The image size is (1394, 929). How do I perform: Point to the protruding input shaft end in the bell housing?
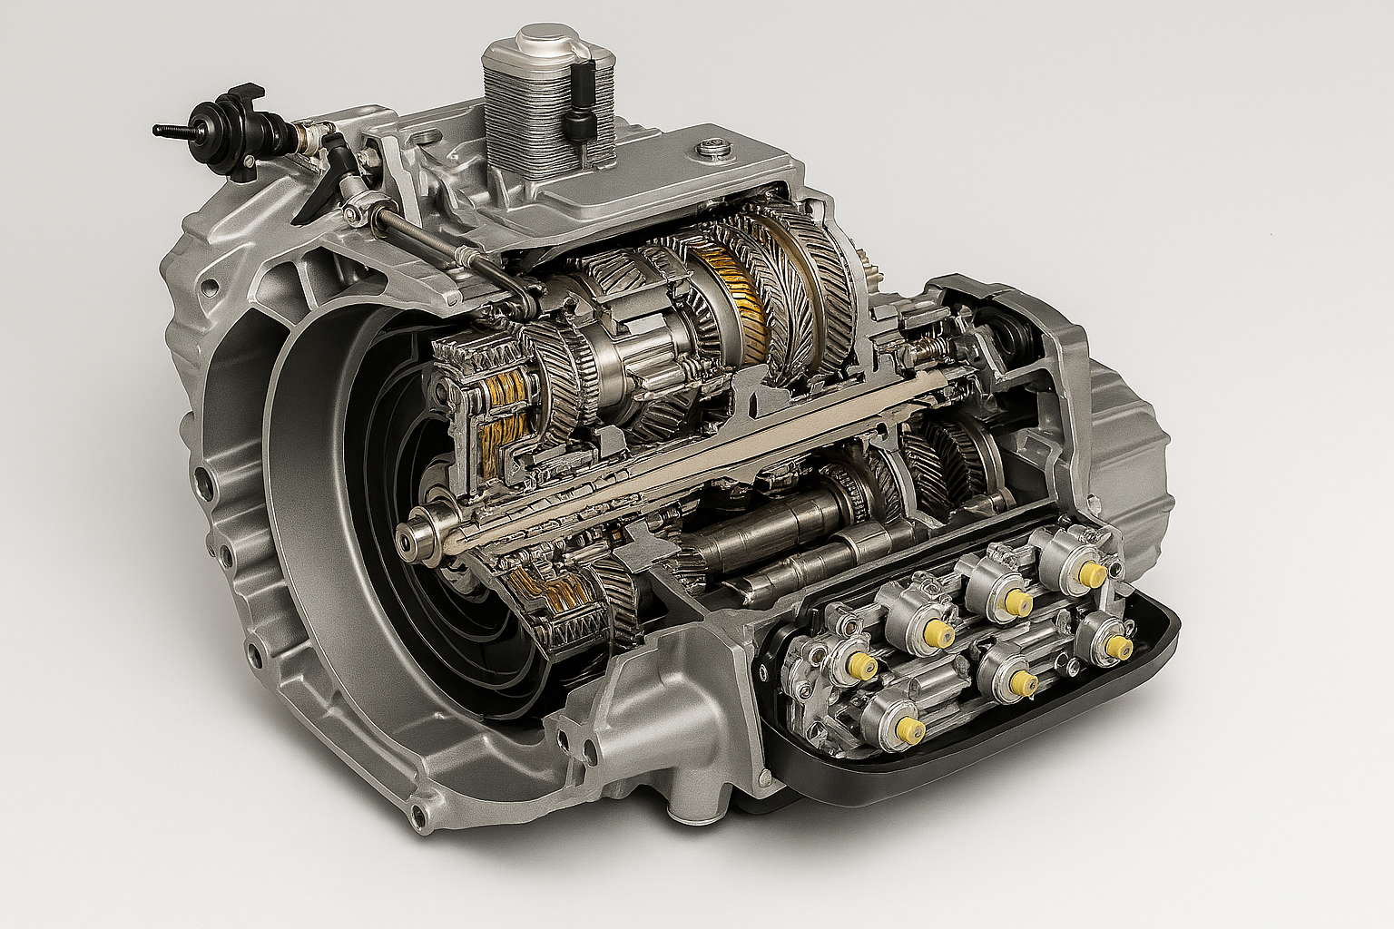420,534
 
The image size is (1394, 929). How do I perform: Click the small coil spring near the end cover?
928,348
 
